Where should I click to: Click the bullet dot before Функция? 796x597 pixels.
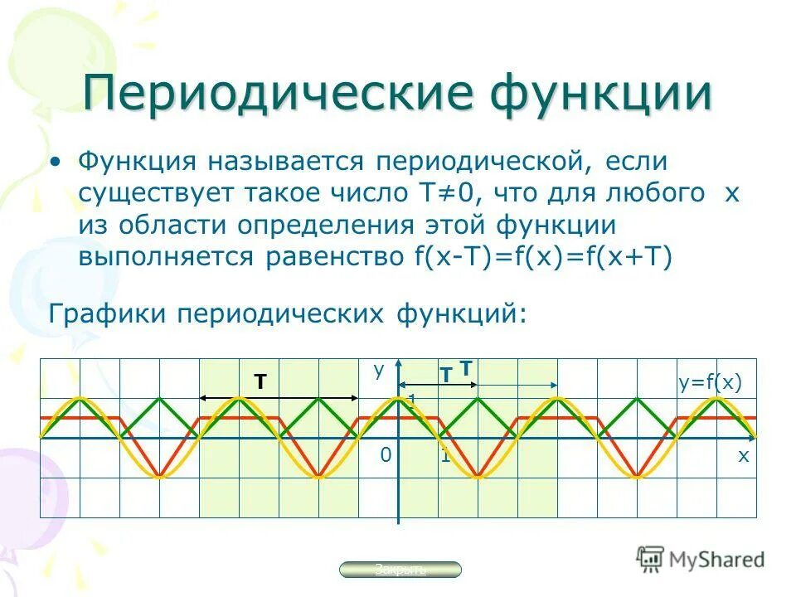coord(55,161)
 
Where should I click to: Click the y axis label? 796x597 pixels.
coord(379,371)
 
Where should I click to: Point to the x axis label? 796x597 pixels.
coord(743,455)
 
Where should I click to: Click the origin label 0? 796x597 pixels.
coord(385,455)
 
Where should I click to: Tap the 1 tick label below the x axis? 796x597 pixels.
coord(445,455)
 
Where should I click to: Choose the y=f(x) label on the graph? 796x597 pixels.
coord(710,382)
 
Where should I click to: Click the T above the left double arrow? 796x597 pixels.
coord(260,381)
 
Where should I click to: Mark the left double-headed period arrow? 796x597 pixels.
coord(279,399)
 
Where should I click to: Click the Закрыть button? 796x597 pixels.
coord(401,569)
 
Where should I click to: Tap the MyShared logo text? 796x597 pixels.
coord(715,559)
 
